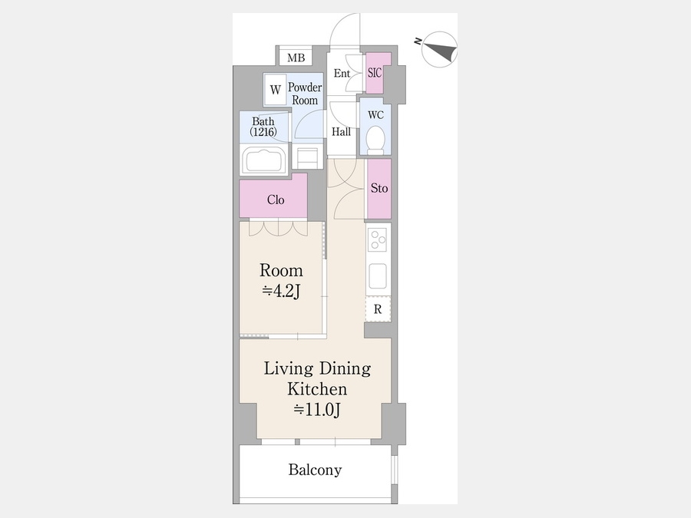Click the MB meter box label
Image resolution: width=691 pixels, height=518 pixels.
296,58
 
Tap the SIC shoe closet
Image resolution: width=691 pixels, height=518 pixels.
378,73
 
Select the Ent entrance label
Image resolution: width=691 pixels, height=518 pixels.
342,73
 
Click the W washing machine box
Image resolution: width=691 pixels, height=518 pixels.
276,90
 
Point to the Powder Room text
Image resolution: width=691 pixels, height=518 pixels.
305,94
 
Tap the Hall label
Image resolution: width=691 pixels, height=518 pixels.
341,132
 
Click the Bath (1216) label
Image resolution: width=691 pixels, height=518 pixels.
263,127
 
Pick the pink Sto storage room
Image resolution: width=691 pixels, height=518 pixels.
379,189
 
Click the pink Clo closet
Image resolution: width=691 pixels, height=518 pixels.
273,196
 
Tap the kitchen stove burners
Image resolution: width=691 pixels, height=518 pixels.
378,240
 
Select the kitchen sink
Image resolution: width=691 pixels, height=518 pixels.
378,275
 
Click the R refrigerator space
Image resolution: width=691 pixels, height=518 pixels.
378,308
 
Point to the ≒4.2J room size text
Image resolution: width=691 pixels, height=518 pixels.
281,291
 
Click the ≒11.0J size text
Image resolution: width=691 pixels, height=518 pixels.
317,410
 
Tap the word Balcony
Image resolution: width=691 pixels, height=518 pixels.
315,470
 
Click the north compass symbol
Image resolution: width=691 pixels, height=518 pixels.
439,49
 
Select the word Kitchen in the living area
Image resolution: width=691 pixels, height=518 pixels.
317,389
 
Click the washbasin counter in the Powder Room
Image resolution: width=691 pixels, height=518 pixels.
307,157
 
